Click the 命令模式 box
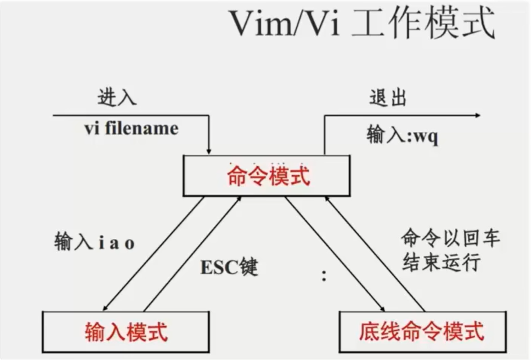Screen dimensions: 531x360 click(x=266, y=175)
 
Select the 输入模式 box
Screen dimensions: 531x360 click(x=126, y=332)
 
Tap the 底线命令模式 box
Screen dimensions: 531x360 click(x=423, y=332)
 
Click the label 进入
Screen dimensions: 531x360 click(x=117, y=97)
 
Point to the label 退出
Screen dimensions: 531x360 click(x=388, y=98)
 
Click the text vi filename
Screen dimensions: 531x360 click(x=131, y=128)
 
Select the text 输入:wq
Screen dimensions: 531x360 click(x=402, y=135)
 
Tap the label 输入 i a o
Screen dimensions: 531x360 click(x=95, y=242)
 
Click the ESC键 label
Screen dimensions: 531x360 click(x=229, y=267)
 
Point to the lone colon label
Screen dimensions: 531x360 click(x=324, y=275)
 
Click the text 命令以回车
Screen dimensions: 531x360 click(x=450, y=238)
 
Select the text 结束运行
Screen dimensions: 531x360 click(x=441, y=262)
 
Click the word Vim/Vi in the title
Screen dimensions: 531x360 click(x=284, y=23)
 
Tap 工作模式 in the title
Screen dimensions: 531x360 click(x=423, y=23)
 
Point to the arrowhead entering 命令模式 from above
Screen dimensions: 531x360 click(x=209, y=151)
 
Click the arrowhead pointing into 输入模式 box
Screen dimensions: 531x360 click(x=105, y=308)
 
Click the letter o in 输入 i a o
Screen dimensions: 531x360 click(x=130, y=244)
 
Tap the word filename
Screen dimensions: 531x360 click(x=141, y=128)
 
